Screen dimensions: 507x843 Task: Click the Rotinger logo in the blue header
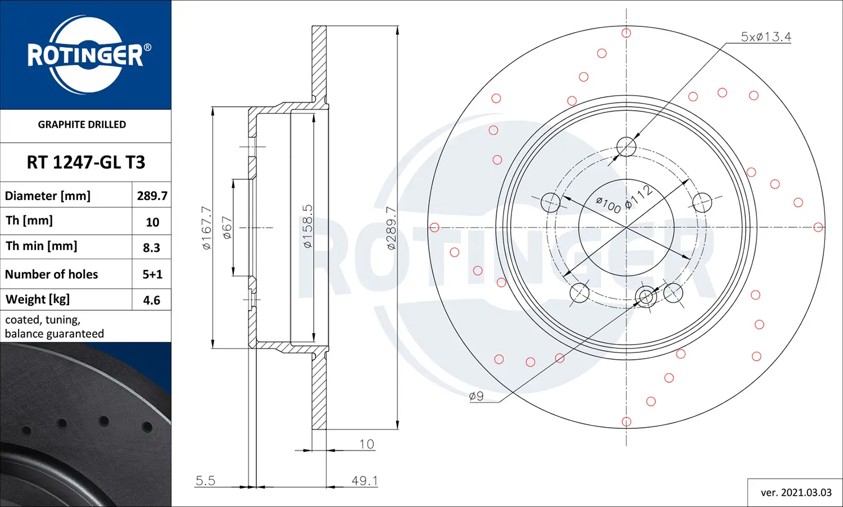pyautogui.click(x=86, y=55)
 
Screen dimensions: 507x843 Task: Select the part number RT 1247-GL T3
pyautogui.click(x=86, y=162)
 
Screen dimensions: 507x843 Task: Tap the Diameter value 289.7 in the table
pyautogui.click(x=152, y=196)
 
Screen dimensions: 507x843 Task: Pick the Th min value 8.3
pyautogui.click(x=152, y=247)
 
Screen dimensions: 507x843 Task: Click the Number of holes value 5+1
pyautogui.click(x=152, y=274)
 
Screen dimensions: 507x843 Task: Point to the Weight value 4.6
pyautogui.click(x=152, y=300)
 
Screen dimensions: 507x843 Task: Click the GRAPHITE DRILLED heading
pyautogui.click(x=82, y=125)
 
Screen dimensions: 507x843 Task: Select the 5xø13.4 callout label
pyautogui.click(x=765, y=37)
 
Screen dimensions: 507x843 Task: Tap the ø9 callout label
pyautogui.click(x=476, y=396)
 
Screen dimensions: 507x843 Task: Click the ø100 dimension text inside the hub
pyautogui.click(x=608, y=205)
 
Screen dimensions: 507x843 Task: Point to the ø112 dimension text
pyautogui.click(x=639, y=197)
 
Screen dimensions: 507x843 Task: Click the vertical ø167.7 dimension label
pyautogui.click(x=206, y=228)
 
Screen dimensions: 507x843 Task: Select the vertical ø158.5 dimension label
pyautogui.click(x=307, y=227)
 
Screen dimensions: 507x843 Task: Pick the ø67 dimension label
pyautogui.click(x=227, y=228)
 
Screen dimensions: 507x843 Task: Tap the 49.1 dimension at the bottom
pyautogui.click(x=365, y=481)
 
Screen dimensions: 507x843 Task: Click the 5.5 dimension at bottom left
pyautogui.click(x=205, y=481)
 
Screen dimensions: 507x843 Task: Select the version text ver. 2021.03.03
pyautogui.click(x=796, y=492)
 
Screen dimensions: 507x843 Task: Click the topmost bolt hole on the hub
pyautogui.click(x=626, y=147)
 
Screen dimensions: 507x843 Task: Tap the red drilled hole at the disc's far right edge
pyautogui.click(x=818, y=227)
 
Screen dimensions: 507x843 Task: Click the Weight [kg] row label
pyautogui.click(x=38, y=300)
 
